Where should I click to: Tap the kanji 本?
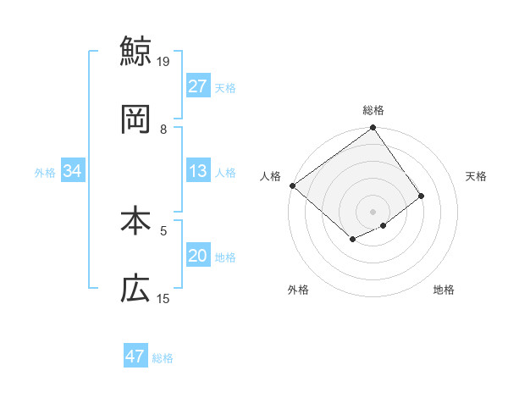[135, 221]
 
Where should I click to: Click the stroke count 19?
[163, 61]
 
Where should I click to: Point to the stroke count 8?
[163, 129]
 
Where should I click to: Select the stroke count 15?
[163, 298]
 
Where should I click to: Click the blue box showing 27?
[198, 86]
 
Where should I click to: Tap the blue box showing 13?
[198, 171]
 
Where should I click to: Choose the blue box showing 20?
[198, 256]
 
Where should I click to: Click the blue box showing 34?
[72, 171]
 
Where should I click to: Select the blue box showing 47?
[135, 357]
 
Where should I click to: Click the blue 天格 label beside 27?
[225, 88]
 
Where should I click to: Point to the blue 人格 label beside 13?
[225, 173]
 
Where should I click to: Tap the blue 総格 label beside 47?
[163, 358]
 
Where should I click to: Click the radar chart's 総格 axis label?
[373, 110]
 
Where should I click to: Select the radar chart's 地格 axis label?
[444, 290]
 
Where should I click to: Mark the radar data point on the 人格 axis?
[292, 185]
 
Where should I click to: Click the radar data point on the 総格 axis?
[373, 129]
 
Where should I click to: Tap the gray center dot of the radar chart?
[373, 211]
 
